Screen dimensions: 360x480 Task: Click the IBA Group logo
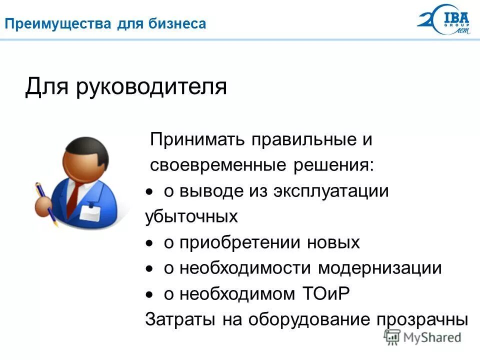pos(443,20)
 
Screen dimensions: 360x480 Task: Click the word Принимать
pos(198,139)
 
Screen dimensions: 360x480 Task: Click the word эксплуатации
pos(331,191)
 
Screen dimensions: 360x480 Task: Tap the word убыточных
pos(191,217)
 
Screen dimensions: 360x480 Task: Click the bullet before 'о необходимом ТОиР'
pos(148,295)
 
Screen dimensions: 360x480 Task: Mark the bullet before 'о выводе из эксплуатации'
pos(148,192)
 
